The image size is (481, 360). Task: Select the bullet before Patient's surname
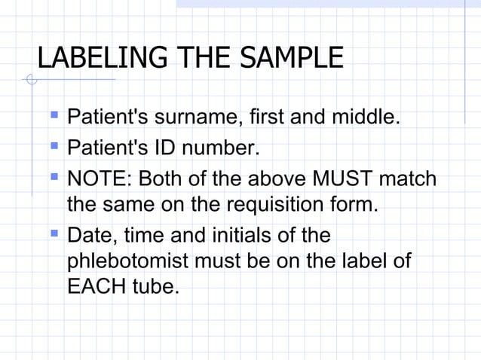click(53, 116)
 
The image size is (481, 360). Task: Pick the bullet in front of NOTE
click(53, 178)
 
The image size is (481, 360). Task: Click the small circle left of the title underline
click(30, 79)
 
